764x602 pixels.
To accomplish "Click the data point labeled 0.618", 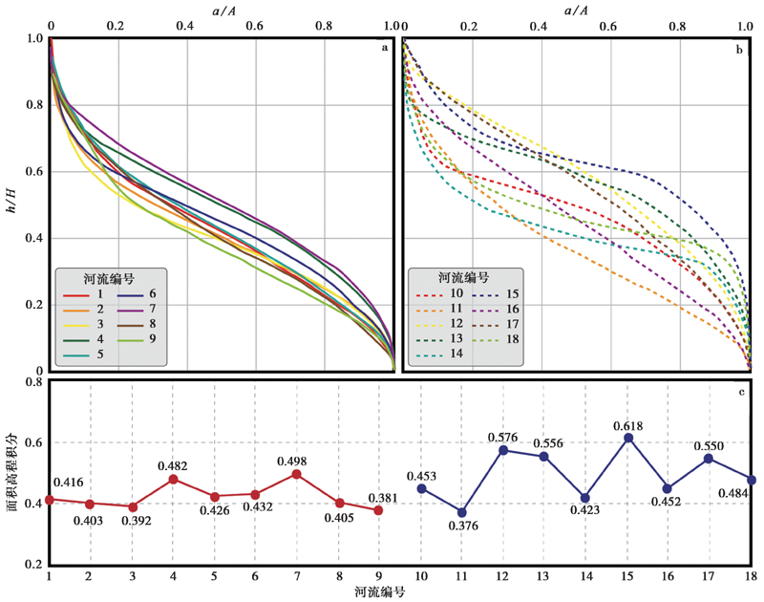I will click(629, 438).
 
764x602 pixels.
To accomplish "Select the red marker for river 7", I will click(297, 474).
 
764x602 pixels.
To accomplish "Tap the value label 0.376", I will click(463, 527).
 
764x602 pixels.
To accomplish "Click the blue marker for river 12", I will click(502, 450).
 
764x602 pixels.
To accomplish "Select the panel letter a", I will click(384, 46).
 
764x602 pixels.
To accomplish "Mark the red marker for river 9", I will click(379, 510).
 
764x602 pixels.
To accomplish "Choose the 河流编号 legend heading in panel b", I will click(464, 278).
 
